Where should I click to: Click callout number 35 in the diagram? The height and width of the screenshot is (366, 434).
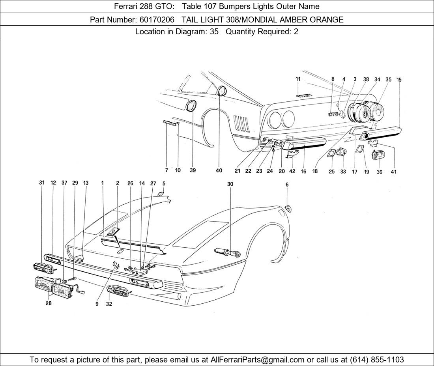point(388,79)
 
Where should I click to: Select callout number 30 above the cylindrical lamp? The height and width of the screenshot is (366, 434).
point(230,184)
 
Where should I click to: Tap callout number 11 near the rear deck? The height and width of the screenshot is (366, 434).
point(298,79)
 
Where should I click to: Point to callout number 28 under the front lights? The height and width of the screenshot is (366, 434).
point(49,303)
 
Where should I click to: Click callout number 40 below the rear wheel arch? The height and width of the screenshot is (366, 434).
point(219,170)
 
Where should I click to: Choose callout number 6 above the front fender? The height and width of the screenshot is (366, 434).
point(287,185)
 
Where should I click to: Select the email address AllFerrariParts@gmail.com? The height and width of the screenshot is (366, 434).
point(258,359)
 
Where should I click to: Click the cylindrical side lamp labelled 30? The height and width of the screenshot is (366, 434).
point(228,252)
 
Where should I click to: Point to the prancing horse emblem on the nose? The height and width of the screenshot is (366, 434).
point(116,265)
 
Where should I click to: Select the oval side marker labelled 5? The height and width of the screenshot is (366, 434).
point(161,194)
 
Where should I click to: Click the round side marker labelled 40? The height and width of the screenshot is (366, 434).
point(221,91)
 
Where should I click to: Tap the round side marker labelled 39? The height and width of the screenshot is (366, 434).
point(192,106)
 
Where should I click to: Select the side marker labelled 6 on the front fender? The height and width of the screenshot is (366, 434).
point(289,208)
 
